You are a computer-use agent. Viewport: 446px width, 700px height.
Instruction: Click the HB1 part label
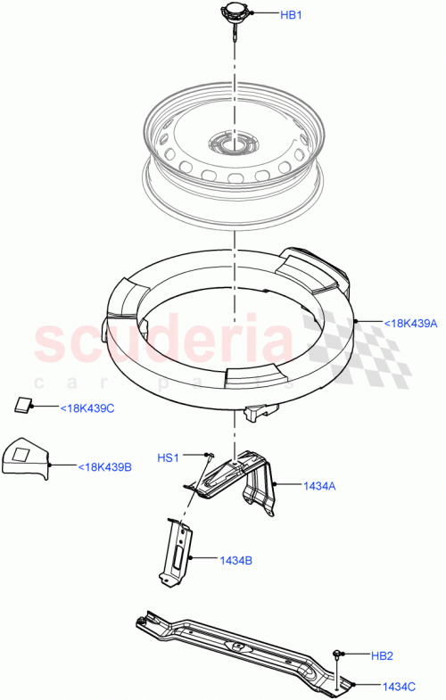pos(292,15)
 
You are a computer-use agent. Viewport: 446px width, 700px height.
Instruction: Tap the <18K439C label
pos(87,408)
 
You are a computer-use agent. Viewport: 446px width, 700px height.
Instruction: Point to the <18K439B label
pos(104,466)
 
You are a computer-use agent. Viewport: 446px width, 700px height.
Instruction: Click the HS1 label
pos(169,457)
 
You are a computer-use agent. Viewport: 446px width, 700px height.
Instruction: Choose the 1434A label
pos(318,486)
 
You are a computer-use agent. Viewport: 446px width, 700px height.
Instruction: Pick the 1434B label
pos(235,560)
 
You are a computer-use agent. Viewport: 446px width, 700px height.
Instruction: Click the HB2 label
pos(381,655)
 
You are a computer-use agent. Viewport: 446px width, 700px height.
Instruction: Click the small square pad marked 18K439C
pos(22,404)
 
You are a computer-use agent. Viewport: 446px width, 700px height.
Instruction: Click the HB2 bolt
pos(340,655)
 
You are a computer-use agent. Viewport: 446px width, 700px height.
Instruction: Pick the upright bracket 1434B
pos(178,553)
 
